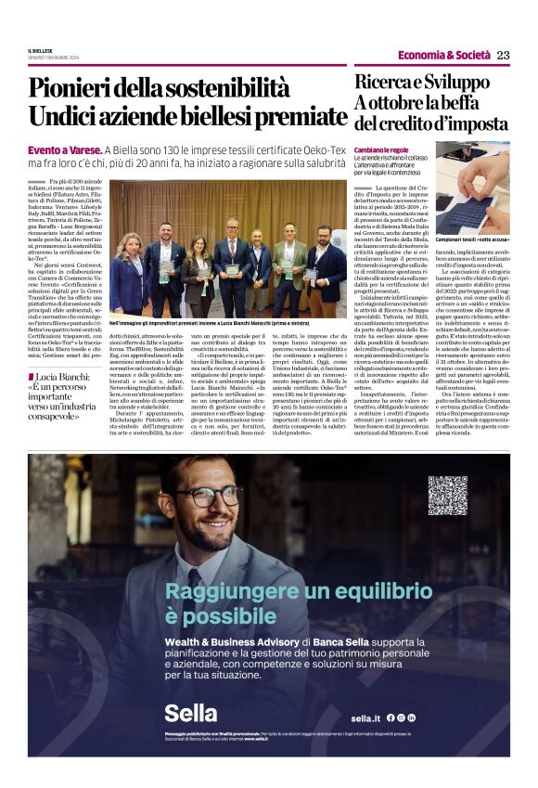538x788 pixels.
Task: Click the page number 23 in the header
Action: click(504, 55)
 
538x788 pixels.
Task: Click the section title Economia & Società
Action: click(444, 55)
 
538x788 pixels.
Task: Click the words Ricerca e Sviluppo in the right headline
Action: click(421, 83)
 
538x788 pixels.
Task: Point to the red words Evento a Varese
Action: click(64, 149)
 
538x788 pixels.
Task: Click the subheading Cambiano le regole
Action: click(381, 149)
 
